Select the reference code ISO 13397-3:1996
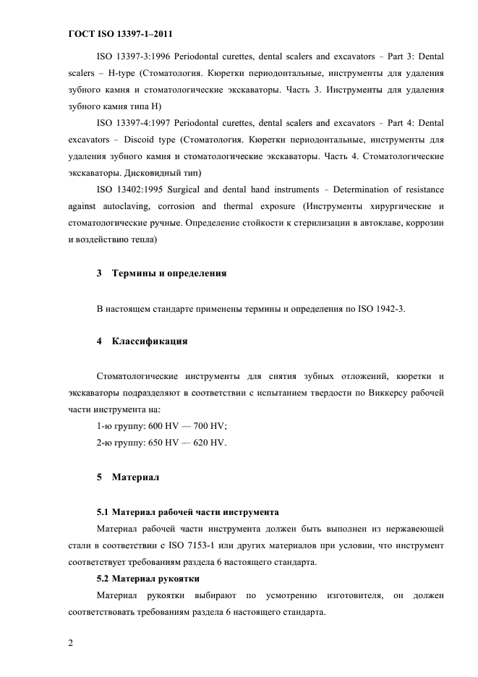coord(133,56)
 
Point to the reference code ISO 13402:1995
coord(129,190)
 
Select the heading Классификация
coord(150,340)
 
